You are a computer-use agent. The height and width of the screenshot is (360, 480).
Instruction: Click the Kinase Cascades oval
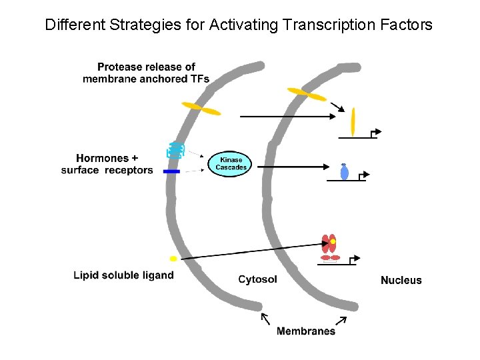pyautogui.click(x=231, y=163)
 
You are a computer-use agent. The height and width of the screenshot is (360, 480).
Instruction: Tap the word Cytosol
pyautogui.click(x=257, y=279)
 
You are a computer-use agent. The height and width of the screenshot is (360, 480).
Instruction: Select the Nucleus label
pyautogui.click(x=401, y=280)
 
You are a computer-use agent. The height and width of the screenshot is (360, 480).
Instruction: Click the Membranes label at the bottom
pyautogui.click(x=306, y=331)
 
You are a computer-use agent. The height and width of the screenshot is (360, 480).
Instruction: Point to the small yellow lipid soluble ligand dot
pyautogui.click(x=173, y=258)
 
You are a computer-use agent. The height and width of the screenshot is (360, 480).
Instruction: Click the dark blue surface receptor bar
pyautogui.click(x=172, y=171)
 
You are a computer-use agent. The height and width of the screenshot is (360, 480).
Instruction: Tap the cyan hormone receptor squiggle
pyautogui.click(x=175, y=151)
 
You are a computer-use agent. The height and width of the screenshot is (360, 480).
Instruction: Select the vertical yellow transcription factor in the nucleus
pyautogui.click(x=353, y=121)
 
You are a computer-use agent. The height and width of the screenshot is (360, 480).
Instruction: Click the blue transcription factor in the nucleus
pyautogui.click(x=344, y=172)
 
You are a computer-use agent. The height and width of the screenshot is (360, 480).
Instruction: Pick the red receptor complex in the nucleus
pyautogui.click(x=329, y=246)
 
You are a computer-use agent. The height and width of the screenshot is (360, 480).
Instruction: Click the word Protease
pyautogui.click(x=121, y=67)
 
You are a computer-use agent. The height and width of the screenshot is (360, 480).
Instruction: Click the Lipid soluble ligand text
pyautogui.click(x=123, y=275)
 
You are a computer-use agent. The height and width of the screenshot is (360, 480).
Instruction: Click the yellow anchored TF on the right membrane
pyautogui.click(x=307, y=95)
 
